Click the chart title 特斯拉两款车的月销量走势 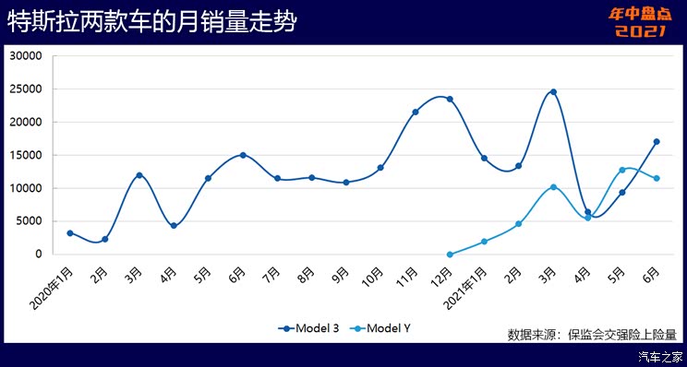point(152,23)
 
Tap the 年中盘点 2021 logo point(638,22)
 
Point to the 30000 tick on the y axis point(26,55)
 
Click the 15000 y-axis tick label point(26,155)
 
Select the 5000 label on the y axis point(29,221)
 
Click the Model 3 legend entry point(310,328)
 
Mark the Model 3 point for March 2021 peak point(553,92)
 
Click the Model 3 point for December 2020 point(450,99)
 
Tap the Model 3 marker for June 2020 point(243,155)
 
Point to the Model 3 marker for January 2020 point(70,233)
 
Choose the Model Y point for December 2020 point(450,255)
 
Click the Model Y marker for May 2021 point(622,170)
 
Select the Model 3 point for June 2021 point(657,142)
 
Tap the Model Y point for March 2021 point(553,187)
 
